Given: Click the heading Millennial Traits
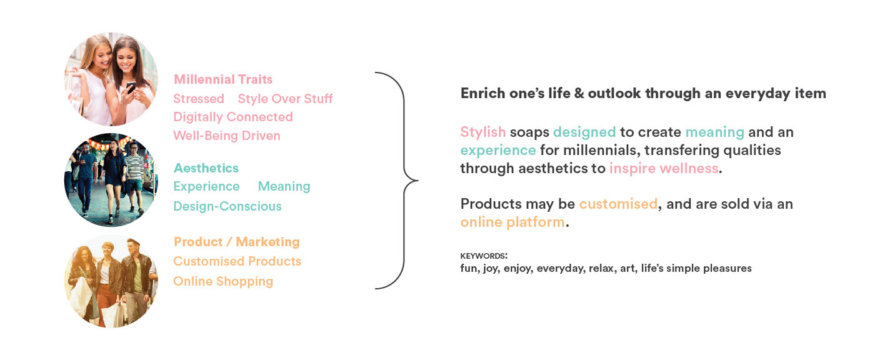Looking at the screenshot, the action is tap(223, 79).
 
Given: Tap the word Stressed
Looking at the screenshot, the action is tap(199, 99).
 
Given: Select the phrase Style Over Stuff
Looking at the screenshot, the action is tap(285, 99).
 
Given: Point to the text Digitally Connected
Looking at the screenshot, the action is tap(232, 117).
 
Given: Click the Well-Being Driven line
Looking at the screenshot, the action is tap(226, 136).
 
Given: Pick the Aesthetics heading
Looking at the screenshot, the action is tap(206, 168).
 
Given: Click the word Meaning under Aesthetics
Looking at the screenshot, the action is tap(284, 187).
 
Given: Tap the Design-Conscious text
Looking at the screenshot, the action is tap(227, 206).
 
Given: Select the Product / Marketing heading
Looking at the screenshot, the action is tap(237, 242).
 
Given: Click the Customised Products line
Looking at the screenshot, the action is tap(237, 261).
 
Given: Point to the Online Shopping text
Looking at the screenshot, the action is tap(223, 281).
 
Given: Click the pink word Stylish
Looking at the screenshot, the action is tap(482, 132).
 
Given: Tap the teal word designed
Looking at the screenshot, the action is tap(584, 132).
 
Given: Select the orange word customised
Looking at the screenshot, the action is tap(618, 204).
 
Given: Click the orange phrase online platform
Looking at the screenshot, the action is tap(512, 222).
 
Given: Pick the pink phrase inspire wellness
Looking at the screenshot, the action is tap(664, 169).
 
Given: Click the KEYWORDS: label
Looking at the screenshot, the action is tap(484, 256).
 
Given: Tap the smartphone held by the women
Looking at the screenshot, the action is tap(131, 87).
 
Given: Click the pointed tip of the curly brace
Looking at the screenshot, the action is tap(418, 181).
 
